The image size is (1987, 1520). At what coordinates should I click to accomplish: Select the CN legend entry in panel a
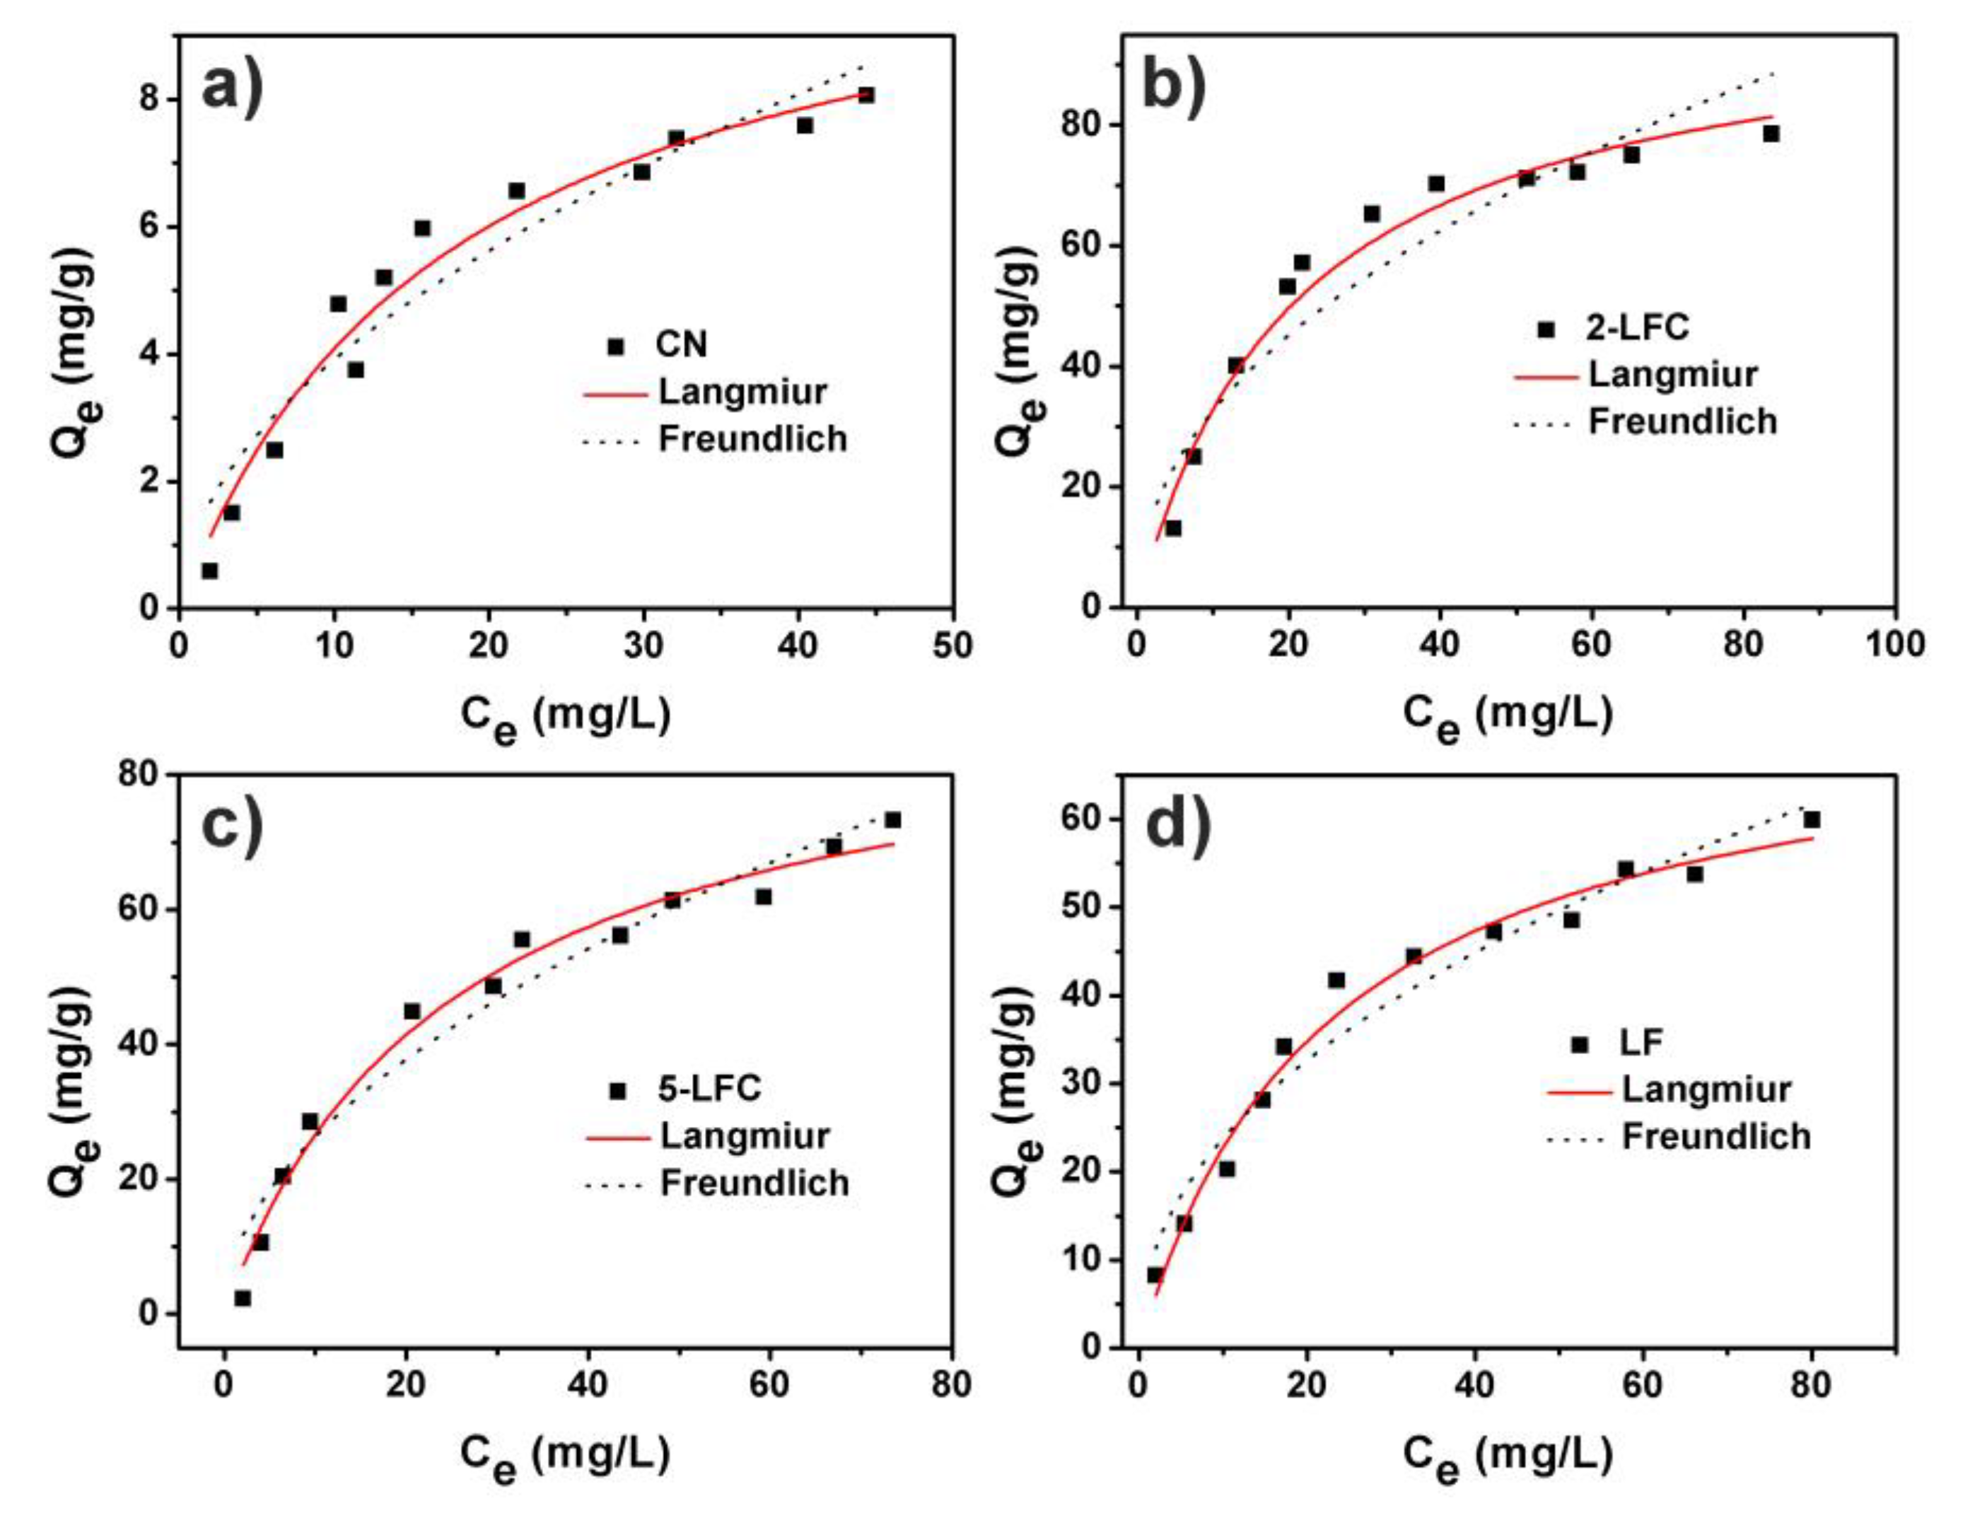point(680,345)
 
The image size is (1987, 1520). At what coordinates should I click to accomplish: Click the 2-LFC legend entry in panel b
point(1636,327)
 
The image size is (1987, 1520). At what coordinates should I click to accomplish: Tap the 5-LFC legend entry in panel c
point(709,1089)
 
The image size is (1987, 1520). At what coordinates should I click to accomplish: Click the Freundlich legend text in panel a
point(752,439)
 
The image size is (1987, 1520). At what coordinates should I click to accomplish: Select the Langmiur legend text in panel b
point(1672,375)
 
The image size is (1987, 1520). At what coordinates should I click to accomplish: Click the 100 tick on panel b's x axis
point(1894,644)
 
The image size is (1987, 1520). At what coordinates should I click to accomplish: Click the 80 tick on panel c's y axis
point(137,774)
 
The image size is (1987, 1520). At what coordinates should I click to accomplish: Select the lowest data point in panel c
point(243,1298)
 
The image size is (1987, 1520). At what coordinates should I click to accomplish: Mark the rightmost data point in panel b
point(1771,134)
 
